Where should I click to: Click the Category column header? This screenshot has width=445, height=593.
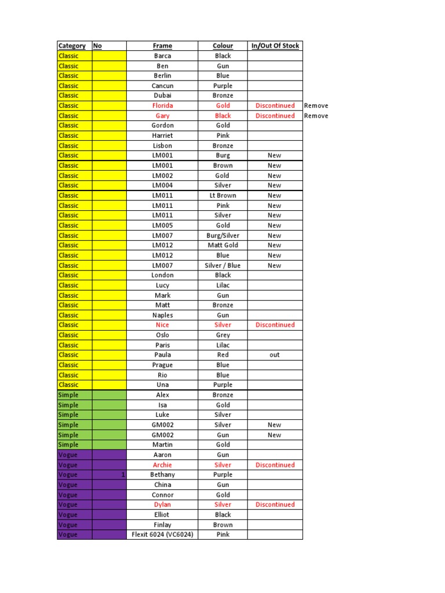pos(72,46)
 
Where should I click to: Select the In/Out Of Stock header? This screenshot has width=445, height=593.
pos(275,46)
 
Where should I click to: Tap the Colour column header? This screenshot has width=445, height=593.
pos(223,46)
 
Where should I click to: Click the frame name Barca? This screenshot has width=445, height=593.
pos(163,56)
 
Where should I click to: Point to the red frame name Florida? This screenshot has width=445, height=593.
pos(163,105)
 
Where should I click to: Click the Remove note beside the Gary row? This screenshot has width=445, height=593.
pos(316,116)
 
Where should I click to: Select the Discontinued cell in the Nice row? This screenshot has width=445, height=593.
pos(275,325)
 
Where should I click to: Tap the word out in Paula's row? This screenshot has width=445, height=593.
pos(275,355)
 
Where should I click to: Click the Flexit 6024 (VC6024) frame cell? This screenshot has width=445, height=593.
pos(163,535)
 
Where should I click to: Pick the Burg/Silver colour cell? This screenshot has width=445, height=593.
pos(223,235)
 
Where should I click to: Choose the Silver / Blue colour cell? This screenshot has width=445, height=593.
pos(223,265)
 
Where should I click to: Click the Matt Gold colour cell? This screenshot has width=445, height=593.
pos(223,245)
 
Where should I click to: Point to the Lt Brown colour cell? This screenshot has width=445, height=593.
pos(223,195)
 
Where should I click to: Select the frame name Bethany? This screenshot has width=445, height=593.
pos(163,474)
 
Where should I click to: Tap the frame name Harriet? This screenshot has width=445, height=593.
pos(163,136)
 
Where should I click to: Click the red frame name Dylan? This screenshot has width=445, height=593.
pos(163,504)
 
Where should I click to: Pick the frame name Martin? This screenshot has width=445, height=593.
pos(163,445)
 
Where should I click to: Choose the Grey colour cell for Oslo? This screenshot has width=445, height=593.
pos(223,335)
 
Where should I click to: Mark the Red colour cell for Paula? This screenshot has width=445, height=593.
pos(223,355)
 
